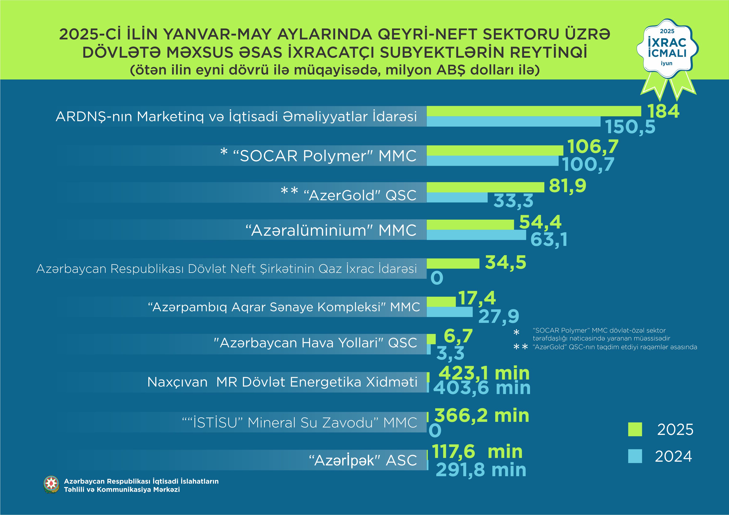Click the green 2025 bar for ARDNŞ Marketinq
[x=534, y=111]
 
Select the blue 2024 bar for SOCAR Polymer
[x=492, y=161]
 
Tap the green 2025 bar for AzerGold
[x=485, y=187]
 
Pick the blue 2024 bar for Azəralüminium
[x=476, y=235]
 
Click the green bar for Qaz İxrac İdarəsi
[x=453, y=264]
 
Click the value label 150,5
[x=630, y=127]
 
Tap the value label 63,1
[x=549, y=239]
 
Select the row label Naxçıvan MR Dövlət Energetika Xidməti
[x=282, y=382]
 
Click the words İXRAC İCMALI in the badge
[x=667, y=48]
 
